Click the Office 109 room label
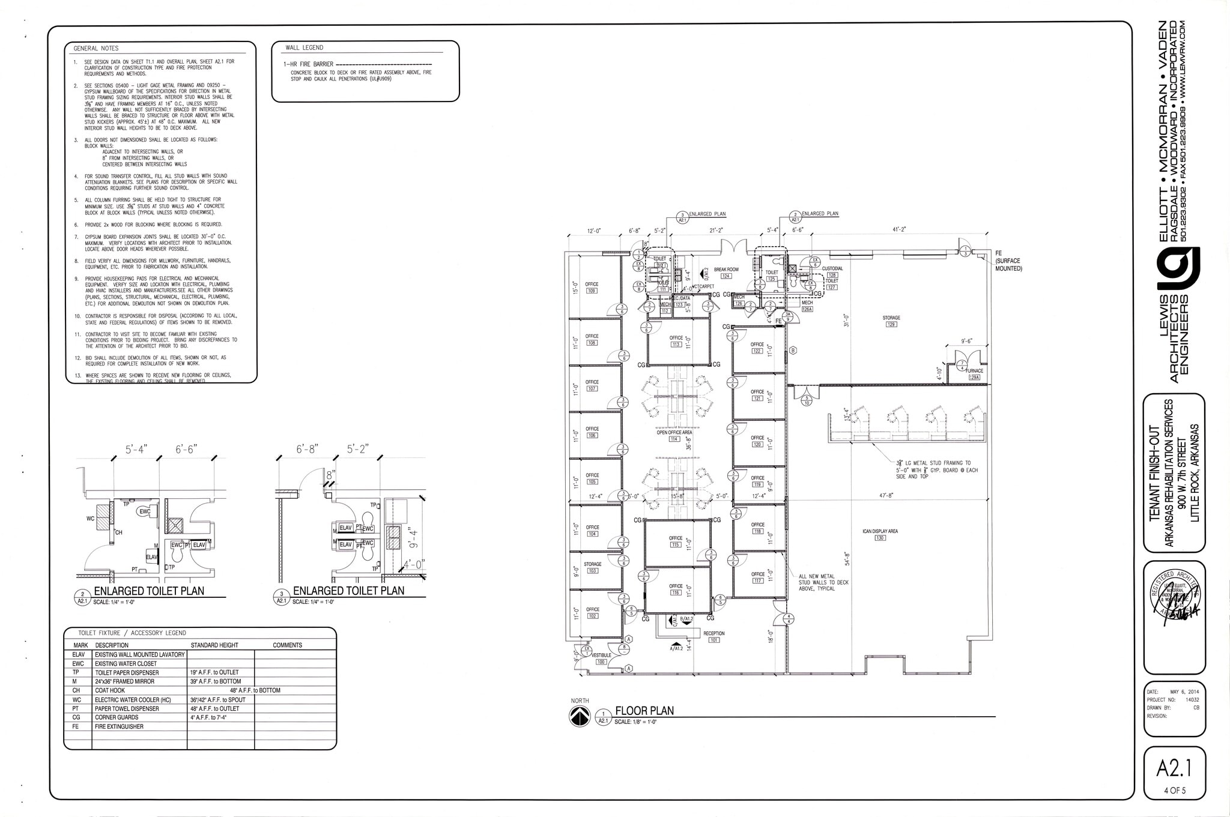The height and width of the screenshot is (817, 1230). pos(592,288)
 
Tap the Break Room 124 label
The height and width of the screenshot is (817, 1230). pos(726,273)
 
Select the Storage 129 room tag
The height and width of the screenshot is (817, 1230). pos(891,321)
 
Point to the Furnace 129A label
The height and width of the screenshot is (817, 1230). pos(974,374)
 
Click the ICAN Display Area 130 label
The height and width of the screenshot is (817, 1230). pos(880,534)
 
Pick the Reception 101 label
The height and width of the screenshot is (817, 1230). pos(714,636)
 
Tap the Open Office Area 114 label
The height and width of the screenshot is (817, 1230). pos(674,435)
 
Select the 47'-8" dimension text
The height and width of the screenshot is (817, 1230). pos(887,496)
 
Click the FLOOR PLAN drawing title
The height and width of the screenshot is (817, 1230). pos(644,711)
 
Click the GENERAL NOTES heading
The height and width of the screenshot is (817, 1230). pos(96,48)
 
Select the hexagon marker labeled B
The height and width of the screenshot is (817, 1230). pos(793,351)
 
